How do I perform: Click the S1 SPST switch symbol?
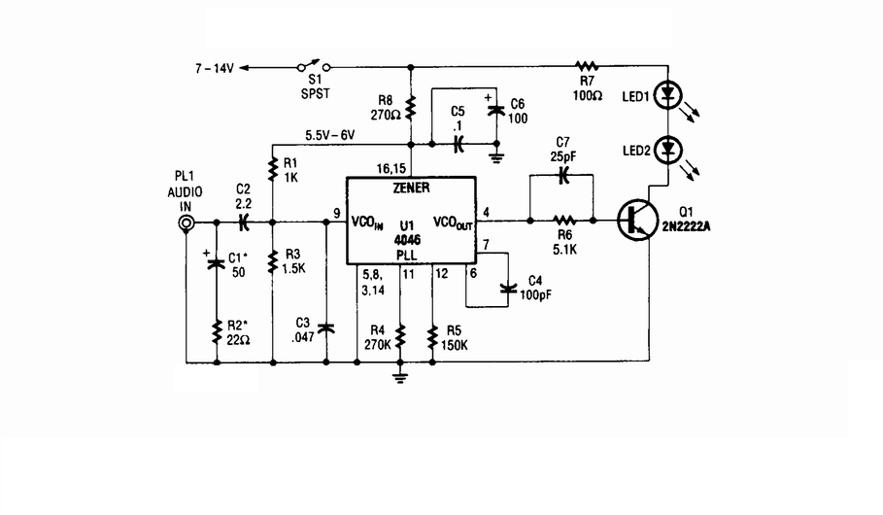click(314, 66)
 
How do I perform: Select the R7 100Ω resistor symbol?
click(586, 66)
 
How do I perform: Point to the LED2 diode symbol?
click(668, 150)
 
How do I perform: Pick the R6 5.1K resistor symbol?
click(563, 221)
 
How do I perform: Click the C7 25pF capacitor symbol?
click(562, 175)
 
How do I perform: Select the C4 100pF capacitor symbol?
click(508, 289)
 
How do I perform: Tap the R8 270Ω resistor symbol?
click(411, 107)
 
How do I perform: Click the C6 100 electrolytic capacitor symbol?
click(496, 110)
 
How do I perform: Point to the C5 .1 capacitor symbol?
click(458, 144)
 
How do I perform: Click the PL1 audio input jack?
click(186, 223)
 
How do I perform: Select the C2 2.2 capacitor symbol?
click(243, 222)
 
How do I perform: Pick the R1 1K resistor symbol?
click(273, 170)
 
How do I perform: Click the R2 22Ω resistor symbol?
click(217, 332)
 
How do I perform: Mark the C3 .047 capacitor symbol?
click(326, 327)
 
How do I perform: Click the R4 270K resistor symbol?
click(400, 336)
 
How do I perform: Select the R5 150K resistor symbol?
click(432, 336)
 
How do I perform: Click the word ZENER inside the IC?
click(411, 189)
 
